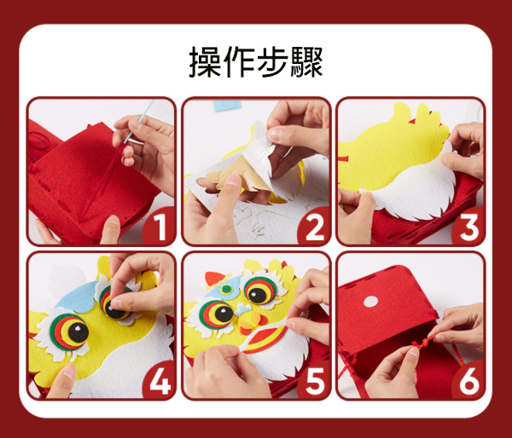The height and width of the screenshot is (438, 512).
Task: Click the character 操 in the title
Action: point(205,61)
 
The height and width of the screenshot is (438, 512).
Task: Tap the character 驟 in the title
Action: point(306,61)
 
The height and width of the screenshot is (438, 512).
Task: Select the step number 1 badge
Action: point(160,227)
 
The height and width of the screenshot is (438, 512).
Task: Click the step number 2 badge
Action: point(314,227)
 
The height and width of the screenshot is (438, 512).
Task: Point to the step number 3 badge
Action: point(468,227)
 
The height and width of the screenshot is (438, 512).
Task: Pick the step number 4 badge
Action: point(160,381)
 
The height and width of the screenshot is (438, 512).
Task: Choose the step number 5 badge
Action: point(314,381)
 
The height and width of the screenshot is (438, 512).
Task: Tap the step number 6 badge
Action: point(468,381)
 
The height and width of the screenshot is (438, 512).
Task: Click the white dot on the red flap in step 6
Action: point(370,302)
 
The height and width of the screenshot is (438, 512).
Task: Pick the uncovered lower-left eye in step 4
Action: point(69,332)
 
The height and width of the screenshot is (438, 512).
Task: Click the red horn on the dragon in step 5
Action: point(214,279)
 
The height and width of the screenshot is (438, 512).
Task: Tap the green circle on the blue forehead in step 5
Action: point(226,289)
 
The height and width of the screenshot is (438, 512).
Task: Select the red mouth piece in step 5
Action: point(264,340)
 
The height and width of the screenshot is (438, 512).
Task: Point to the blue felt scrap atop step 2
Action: point(227,105)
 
